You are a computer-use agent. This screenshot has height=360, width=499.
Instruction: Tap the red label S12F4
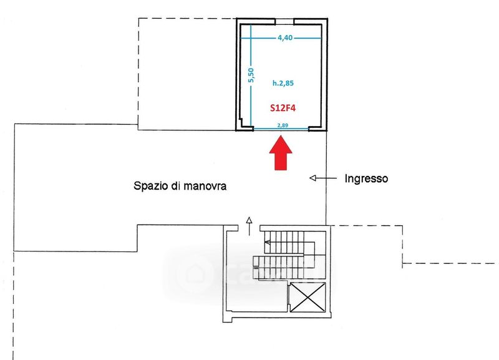[x=283, y=107]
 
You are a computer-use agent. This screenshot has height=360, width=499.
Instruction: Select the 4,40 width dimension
[x=284, y=37]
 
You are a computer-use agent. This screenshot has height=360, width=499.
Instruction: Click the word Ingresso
[x=367, y=178]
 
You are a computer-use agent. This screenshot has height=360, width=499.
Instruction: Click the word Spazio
[x=150, y=186]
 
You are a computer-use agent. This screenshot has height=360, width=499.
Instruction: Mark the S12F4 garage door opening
[x=283, y=130]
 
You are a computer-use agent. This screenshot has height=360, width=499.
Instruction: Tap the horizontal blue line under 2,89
[x=283, y=129]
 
